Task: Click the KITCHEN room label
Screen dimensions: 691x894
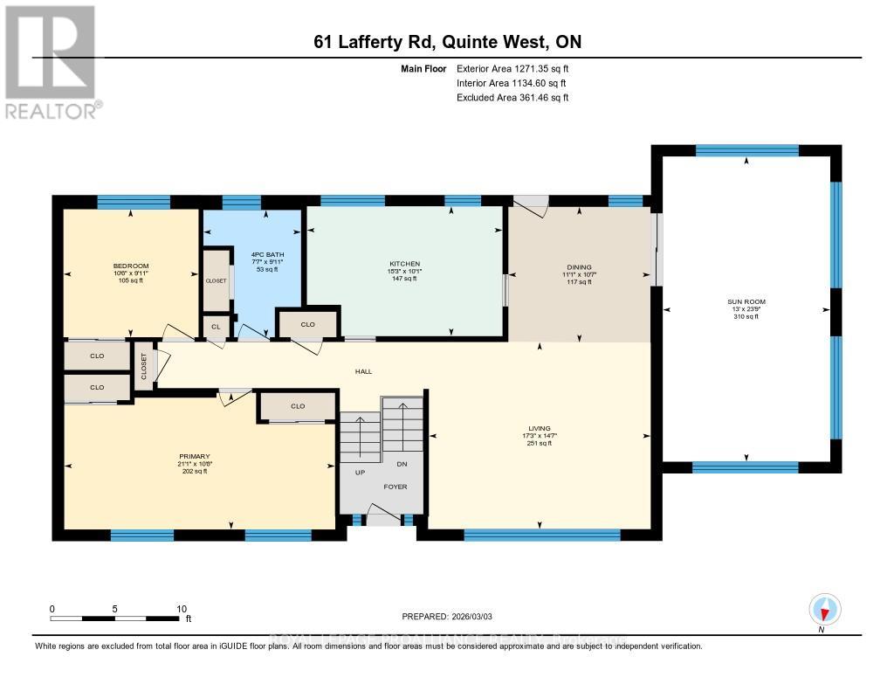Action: click(405, 264)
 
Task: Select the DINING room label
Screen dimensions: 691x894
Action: click(579, 267)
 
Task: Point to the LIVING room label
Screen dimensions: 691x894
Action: click(539, 428)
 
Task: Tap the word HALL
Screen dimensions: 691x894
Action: click(363, 371)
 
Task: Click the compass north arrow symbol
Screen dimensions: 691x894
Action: click(824, 609)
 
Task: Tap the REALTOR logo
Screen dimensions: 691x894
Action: click(52, 61)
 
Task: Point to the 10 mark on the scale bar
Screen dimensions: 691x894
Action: click(182, 609)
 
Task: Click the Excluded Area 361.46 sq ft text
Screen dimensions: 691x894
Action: click(512, 98)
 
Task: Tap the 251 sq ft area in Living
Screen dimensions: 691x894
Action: click(539, 444)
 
